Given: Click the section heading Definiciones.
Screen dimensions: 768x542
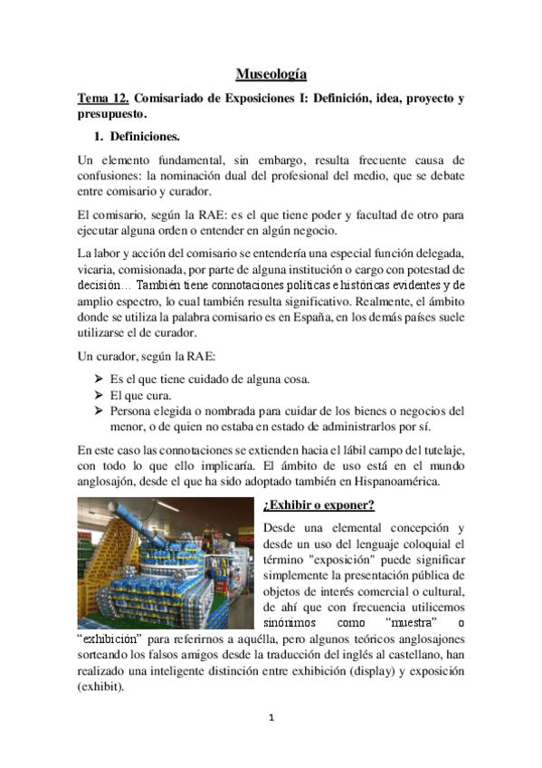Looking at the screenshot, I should click(144, 138).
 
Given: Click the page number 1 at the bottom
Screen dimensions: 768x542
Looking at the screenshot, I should click(271, 718).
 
